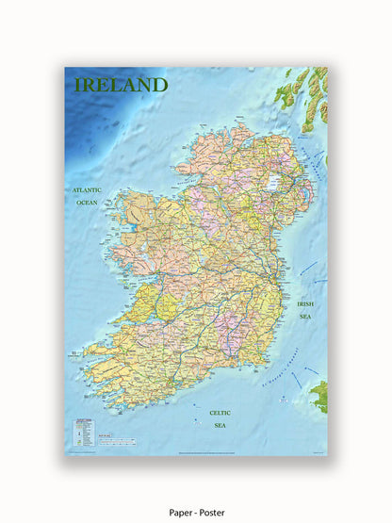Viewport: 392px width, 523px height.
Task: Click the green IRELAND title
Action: tap(121, 84)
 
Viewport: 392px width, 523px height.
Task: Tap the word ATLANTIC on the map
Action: tap(87, 190)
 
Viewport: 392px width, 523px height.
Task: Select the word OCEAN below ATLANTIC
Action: tap(87, 203)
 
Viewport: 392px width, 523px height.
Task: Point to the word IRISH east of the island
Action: tap(305, 304)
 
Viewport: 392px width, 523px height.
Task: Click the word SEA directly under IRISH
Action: tap(305, 317)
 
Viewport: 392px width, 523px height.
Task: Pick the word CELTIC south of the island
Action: tap(219, 412)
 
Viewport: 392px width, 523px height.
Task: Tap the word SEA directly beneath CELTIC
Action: tap(219, 425)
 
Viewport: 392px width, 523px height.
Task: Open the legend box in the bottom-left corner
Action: tap(83, 430)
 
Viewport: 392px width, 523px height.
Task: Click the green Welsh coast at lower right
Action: tap(320, 396)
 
